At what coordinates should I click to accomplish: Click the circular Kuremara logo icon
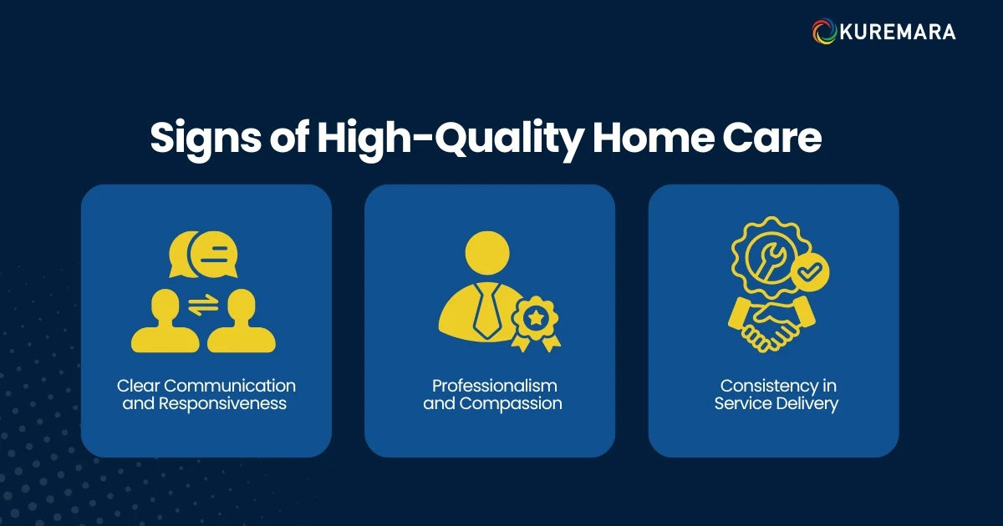(825, 32)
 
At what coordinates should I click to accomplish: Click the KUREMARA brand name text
(896, 33)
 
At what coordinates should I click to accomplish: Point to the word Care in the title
(776, 138)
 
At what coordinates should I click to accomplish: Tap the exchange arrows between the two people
(202, 306)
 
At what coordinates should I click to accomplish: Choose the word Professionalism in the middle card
(494, 386)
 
